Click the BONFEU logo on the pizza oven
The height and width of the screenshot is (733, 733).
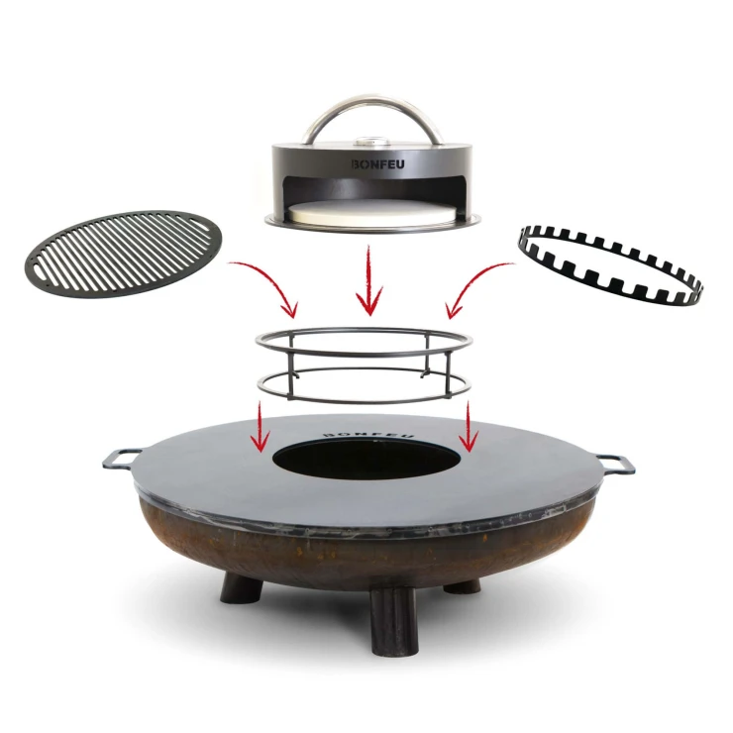click(x=377, y=164)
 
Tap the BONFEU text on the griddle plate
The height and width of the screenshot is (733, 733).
click(x=369, y=433)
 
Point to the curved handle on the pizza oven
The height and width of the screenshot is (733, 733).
click(x=373, y=100)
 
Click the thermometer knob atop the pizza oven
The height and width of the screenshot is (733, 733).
click(x=372, y=140)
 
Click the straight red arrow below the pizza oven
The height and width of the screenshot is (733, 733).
click(x=369, y=279)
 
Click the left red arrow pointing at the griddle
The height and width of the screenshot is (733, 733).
click(x=260, y=427)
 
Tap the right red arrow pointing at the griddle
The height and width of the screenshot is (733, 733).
click(x=468, y=427)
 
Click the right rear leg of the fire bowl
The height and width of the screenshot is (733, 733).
click(x=462, y=586)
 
